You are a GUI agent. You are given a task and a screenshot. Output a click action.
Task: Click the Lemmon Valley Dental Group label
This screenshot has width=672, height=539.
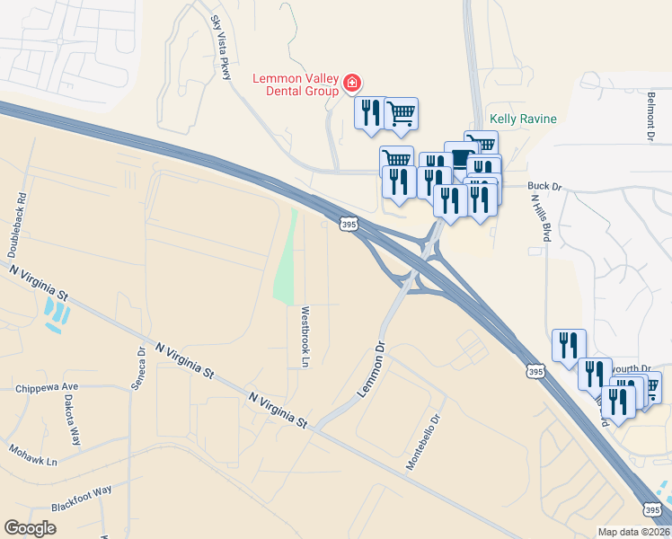pyautogui.click(x=296, y=84)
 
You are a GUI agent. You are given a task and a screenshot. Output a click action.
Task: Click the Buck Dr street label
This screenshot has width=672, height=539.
pyautogui.click(x=544, y=187)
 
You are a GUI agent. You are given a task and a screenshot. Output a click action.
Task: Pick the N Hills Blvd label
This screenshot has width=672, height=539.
pyautogui.click(x=545, y=218)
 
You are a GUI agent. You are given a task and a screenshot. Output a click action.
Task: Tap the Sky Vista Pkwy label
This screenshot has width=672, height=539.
pyautogui.click(x=220, y=46)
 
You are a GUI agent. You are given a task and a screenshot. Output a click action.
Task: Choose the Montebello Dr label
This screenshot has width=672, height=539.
pyautogui.click(x=425, y=442)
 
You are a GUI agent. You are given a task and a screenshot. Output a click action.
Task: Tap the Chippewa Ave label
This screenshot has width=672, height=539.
pyautogui.click(x=48, y=388)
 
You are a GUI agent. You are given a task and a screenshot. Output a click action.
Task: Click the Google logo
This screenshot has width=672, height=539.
pyautogui.click(x=31, y=528)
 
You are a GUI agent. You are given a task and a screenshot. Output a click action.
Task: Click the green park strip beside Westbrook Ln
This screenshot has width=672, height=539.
pyautogui.click(x=286, y=261)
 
